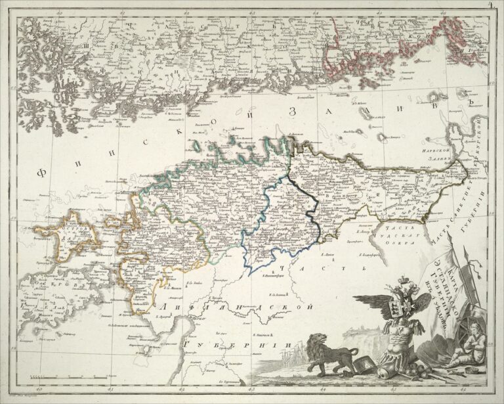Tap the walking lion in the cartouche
point(325,355)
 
